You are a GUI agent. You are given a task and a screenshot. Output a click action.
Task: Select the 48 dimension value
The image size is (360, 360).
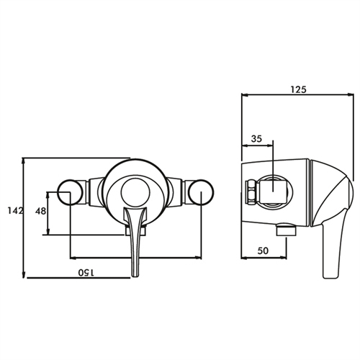[40, 212]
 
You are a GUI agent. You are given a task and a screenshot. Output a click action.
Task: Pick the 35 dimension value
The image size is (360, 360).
[256, 139]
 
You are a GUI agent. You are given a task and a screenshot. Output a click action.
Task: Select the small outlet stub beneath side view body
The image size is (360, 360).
[286, 230]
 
